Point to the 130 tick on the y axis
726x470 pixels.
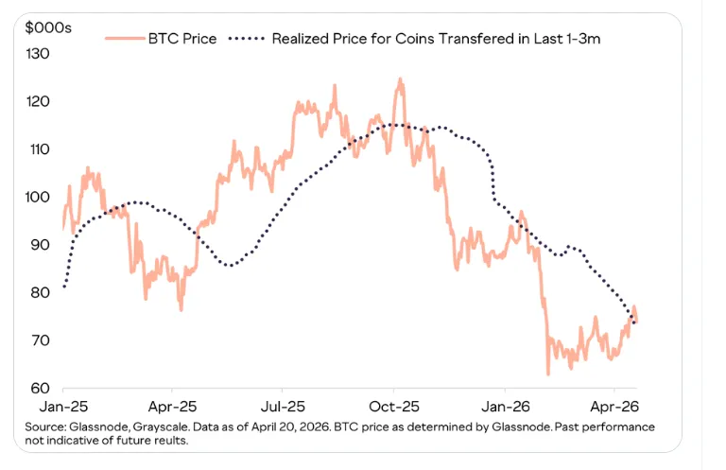[39, 54]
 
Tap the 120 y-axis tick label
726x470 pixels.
[39, 102]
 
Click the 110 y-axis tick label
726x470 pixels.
[39, 149]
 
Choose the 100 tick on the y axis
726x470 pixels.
[39, 198]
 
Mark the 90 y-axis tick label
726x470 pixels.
[41, 245]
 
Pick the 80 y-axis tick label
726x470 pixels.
[41, 293]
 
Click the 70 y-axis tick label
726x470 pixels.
[41, 340]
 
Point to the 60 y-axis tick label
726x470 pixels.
[41, 389]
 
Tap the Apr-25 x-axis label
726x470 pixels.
[173, 404]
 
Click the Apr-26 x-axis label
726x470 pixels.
[615, 404]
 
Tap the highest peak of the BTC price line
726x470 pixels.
[400, 79]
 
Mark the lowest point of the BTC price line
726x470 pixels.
[547, 374]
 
